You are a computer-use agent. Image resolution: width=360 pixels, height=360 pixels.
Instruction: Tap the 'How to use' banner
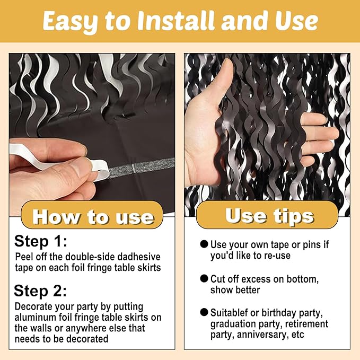(x=92, y=215)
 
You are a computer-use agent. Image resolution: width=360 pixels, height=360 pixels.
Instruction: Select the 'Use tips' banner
(x=267, y=215)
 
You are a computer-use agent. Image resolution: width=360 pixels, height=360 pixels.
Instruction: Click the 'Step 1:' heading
(x=40, y=242)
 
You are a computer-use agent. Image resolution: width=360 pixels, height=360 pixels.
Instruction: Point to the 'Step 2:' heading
(x=40, y=291)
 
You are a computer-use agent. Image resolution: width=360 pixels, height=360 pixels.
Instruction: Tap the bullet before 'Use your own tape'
(x=204, y=244)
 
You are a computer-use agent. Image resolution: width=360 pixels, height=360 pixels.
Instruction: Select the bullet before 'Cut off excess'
(x=204, y=278)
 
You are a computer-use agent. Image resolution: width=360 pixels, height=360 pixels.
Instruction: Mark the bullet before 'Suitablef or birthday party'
(x=204, y=312)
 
